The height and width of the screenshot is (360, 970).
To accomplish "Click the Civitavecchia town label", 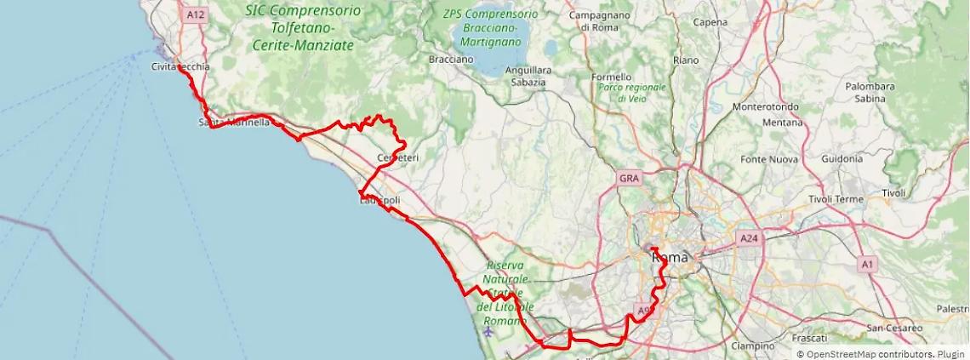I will tap(180, 66).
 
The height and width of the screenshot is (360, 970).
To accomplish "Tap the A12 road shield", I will tap(196, 14).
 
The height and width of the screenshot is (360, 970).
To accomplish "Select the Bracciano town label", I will tap(451, 60).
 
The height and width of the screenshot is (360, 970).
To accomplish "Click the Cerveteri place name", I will tap(397, 158).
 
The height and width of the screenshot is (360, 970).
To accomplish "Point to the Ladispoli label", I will tap(379, 201).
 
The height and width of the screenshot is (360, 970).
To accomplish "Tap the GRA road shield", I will tap(629, 179).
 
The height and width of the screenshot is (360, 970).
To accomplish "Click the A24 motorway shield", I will tap(749, 239).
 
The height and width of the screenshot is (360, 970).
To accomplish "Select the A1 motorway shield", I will tap(867, 265).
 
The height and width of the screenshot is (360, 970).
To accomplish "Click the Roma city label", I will tap(669, 256).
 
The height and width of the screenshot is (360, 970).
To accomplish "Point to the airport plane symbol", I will tap(488, 332).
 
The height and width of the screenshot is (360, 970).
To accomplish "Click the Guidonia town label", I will tap(842, 159).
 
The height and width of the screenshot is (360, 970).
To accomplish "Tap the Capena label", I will tap(710, 22).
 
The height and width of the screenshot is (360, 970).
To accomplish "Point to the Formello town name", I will tap(612, 77).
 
